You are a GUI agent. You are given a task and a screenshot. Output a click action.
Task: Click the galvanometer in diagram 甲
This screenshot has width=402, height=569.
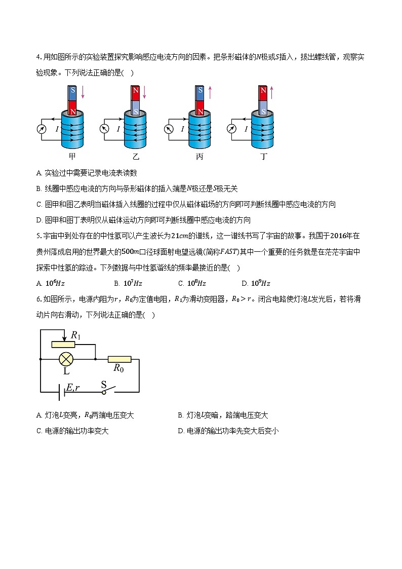(x=42, y=129)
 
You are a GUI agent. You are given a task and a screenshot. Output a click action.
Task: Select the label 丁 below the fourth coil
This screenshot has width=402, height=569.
(x=263, y=157)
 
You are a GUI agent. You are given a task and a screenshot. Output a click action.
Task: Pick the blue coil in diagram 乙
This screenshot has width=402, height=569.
(x=137, y=129)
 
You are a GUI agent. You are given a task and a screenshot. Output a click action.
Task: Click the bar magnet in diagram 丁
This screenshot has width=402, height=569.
(x=263, y=100)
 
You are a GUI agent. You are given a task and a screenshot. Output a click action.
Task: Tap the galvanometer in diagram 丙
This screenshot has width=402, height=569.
(x=169, y=129)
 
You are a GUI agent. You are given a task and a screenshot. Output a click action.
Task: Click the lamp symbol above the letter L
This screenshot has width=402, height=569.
(x=65, y=359)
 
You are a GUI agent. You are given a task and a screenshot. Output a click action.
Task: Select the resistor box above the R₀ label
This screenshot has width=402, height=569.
(x=119, y=359)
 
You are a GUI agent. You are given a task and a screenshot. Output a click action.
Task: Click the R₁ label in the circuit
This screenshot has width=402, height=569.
(x=76, y=335)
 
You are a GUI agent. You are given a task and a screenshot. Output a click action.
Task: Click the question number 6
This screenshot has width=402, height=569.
(x=38, y=299)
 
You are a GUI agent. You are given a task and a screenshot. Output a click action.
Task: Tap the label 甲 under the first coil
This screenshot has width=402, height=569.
(x=72, y=157)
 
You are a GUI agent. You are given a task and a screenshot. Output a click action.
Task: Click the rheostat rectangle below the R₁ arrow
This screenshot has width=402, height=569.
(x=63, y=345)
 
